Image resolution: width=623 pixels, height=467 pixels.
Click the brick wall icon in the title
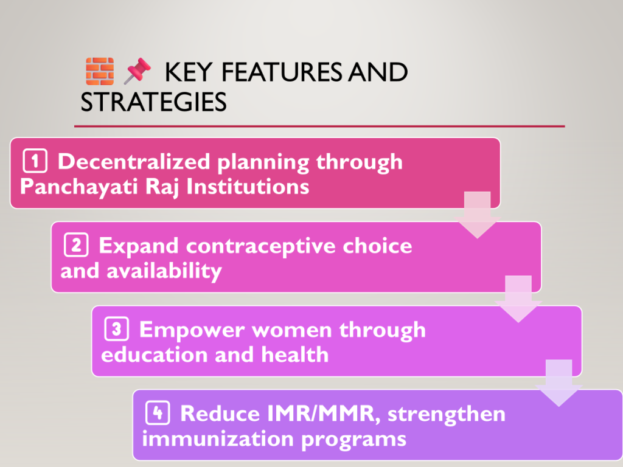pos(100,72)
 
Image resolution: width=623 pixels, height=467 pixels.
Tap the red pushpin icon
pos(137,71)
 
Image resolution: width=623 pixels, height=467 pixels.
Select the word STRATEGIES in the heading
pos(153,102)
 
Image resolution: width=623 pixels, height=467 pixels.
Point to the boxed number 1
pos(35,161)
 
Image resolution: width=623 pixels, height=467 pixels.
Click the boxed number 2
pos(76,245)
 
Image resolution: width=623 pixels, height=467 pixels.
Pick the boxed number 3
pos(116,329)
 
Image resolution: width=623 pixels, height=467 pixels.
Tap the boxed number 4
pos(158,413)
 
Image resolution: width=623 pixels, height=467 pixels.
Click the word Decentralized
pos(134,161)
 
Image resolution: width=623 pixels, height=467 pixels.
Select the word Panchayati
pos(79,187)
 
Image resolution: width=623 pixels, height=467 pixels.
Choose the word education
pos(155,355)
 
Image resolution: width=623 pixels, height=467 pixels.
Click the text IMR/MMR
pos(321,413)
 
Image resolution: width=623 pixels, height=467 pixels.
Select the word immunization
pos(218,439)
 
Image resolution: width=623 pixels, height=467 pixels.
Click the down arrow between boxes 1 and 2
pos(477,215)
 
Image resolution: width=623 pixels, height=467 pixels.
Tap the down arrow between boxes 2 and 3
pos(518,299)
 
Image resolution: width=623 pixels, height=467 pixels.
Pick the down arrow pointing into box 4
pos(559,383)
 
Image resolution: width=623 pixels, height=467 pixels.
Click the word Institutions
pos(248,186)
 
